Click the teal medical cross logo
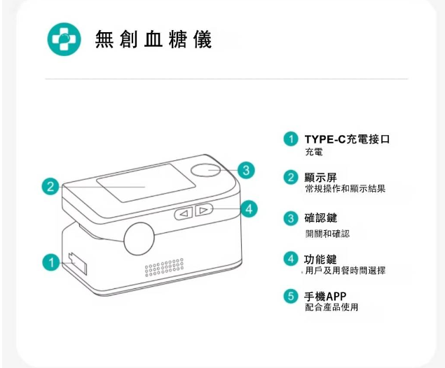tap(64, 39)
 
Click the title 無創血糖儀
tap(153, 39)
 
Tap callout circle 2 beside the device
tap(50, 187)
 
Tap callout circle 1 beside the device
tap(51, 262)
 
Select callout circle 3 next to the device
tap(246, 170)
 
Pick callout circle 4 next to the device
tap(249, 209)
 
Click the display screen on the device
tap(146, 183)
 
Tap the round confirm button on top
tap(205, 170)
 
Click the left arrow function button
tap(184, 213)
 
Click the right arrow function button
tap(204, 210)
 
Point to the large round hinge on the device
tap(139, 239)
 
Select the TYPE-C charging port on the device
tap(78, 264)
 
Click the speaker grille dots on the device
tap(164, 267)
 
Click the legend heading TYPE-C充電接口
tap(347, 139)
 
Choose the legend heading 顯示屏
tap(321, 178)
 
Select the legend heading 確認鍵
tap(321, 218)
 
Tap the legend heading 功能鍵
tap(321, 259)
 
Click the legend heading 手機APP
tap(326, 297)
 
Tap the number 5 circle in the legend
tap(291, 297)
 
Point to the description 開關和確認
tap(327, 234)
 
